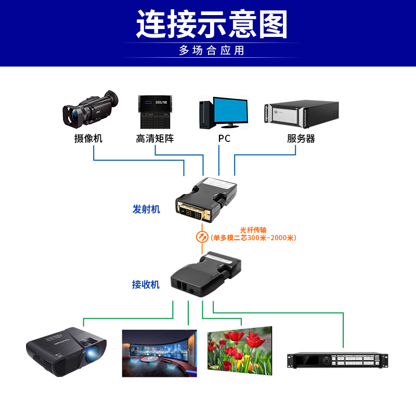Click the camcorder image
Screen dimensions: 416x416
click(89, 110)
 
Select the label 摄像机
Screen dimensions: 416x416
click(88, 138)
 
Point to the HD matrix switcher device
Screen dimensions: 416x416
click(154, 112)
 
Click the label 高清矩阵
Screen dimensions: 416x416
click(154, 138)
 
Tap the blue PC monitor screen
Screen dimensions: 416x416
click(231, 109)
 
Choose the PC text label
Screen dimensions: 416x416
click(224, 139)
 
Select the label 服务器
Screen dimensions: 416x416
click(301, 139)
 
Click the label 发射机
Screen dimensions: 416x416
click(146, 209)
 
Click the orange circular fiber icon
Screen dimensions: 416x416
click(201, 237)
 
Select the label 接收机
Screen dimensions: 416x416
click(146, 284)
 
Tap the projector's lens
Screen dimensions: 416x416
click(95, 355)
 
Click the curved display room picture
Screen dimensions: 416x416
click(159, 353)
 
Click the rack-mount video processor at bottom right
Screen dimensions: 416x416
click(338, 360)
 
